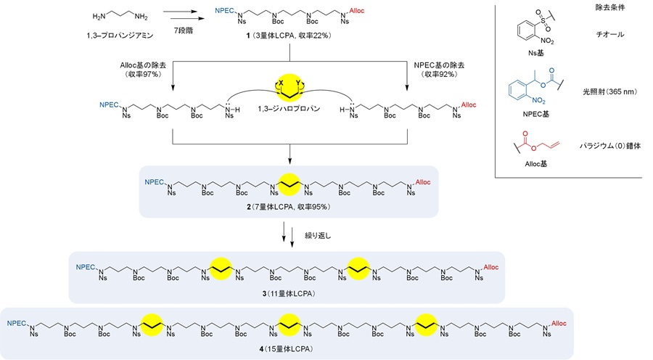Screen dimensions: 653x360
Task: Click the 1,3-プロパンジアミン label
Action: (120, 36)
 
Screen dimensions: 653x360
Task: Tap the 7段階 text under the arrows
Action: (184, 30)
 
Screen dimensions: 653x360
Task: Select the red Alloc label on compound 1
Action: (357, 11)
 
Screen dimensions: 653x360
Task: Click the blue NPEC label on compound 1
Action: (224, 10)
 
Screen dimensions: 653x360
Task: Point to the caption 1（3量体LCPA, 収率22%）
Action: (289, 36)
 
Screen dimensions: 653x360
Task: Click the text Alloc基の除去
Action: (143, 65)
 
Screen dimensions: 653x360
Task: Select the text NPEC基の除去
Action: (439, 65)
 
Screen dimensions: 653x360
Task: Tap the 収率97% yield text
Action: (143, 74)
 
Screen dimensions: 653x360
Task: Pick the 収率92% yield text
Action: (439, 74)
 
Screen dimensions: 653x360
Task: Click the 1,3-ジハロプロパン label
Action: (289, 109)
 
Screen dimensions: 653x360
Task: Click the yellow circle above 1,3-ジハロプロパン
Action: (289, 86)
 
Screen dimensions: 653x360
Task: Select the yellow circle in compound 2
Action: (289, 184)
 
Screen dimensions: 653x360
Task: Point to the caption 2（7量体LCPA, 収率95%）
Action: (289, 207)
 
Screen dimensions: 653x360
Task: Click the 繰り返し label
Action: (318, 236)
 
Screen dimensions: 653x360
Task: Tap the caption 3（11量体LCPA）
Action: (289, 294)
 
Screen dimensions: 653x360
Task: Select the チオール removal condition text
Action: (610, 35)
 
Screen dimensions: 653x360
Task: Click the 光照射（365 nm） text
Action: (609, 92)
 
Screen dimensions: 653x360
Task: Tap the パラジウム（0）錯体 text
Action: (610, 146)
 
